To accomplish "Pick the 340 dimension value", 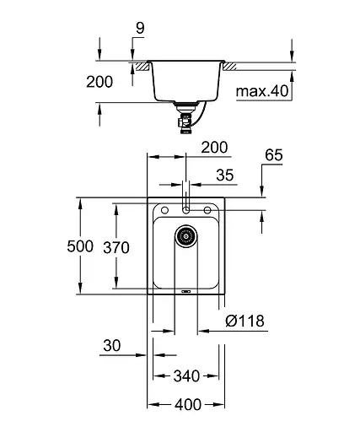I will click(x=188, y=375).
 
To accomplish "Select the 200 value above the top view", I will click(x=214, y=148).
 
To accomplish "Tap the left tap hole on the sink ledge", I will click(x=164, y=210).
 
